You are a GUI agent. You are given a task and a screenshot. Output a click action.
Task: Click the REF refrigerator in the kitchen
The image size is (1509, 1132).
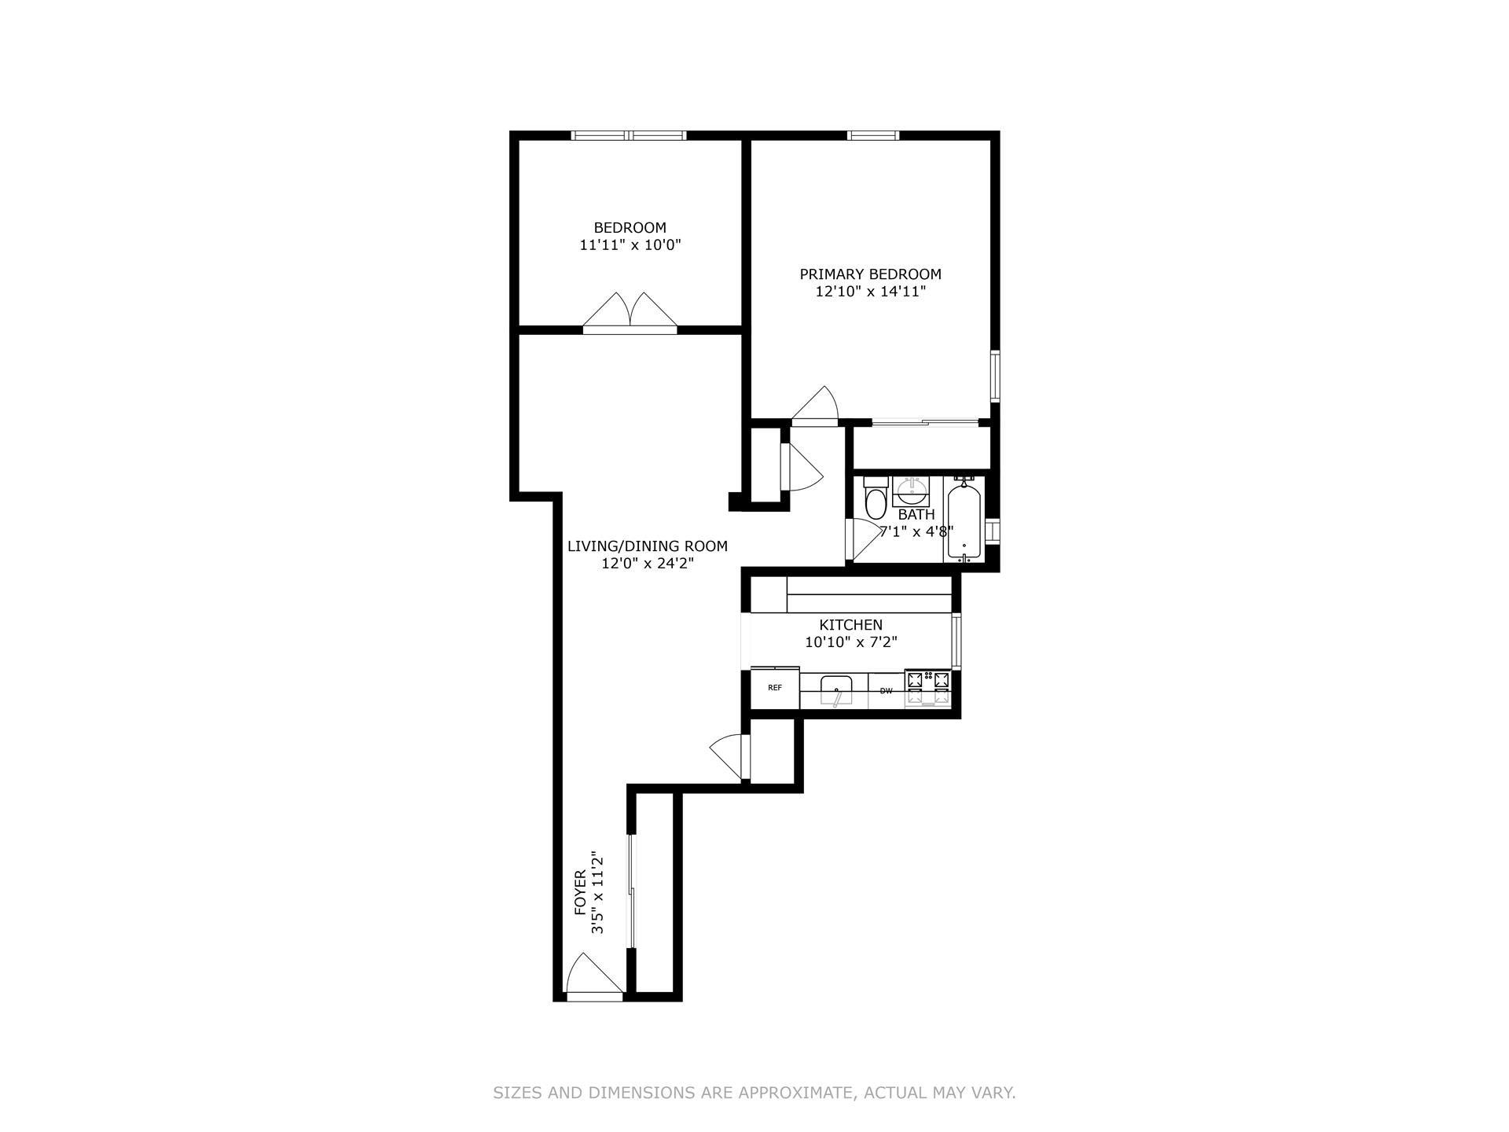(775, 688)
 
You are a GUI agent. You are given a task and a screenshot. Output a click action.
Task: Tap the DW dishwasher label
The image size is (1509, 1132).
(886, 691)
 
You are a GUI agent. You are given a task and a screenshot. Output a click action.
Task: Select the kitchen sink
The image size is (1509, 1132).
(835, 691)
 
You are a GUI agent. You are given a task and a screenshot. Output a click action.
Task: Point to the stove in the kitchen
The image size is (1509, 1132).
(927, 688)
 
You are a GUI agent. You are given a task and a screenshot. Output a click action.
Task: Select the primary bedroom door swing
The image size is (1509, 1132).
(817, 406)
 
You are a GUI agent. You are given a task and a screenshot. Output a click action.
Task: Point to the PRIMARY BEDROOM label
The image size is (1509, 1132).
(870, 274)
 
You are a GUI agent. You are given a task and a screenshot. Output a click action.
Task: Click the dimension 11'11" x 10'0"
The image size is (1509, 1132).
(630, 245)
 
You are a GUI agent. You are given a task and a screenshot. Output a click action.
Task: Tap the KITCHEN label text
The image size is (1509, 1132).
(850, 625)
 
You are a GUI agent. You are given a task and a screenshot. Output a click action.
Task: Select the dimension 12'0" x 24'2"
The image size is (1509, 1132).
(647, 564)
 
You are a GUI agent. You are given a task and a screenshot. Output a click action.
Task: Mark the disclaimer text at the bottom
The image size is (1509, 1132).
(754, 1093)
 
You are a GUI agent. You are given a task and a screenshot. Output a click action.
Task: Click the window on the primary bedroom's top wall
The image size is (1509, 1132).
(873, 135)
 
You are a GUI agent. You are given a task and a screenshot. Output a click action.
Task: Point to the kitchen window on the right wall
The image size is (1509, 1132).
(956, 641)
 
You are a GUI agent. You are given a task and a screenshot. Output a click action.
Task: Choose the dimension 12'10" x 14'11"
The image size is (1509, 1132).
(870, 292)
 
